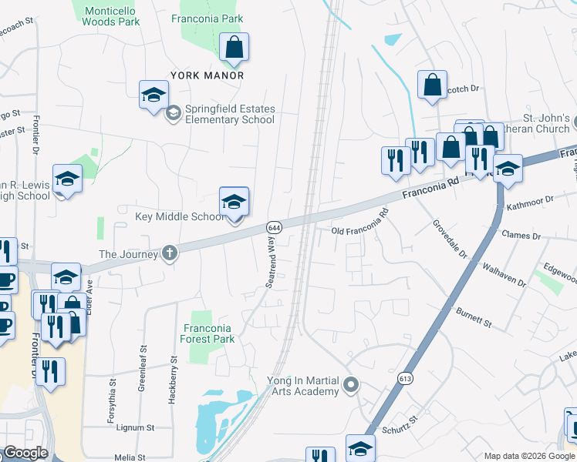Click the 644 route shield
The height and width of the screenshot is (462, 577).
pyautogui.click(x=274, y=228)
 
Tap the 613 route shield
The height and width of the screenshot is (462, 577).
pyautogui.click(x=406, y=378)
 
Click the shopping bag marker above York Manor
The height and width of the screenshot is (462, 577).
pyautogui.click(x=234, y=48)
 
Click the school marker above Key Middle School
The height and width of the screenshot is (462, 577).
pyautogui.click(x=234, y=202)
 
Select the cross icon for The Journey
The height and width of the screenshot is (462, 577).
pyautogui.click(x=170, y=253)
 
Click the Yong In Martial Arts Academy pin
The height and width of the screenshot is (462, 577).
pyautogui.click(x=352, y=383)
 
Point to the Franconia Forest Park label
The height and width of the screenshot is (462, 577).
pyautogui.click(x=207, y=332)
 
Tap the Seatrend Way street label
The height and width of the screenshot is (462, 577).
pyautogui.click(x=272, y=263)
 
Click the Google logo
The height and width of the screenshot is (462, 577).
pyautogui.click(x=26, y=453)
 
